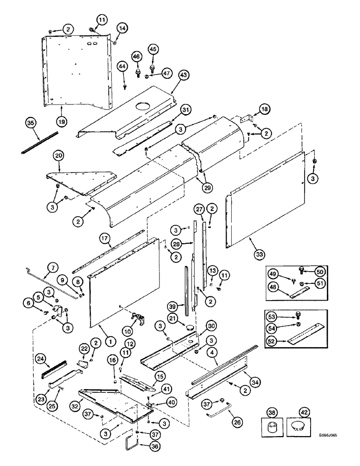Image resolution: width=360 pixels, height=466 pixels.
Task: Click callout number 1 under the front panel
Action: coord(110,341)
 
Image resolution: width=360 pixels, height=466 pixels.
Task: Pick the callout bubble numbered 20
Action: coord(59,155)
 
